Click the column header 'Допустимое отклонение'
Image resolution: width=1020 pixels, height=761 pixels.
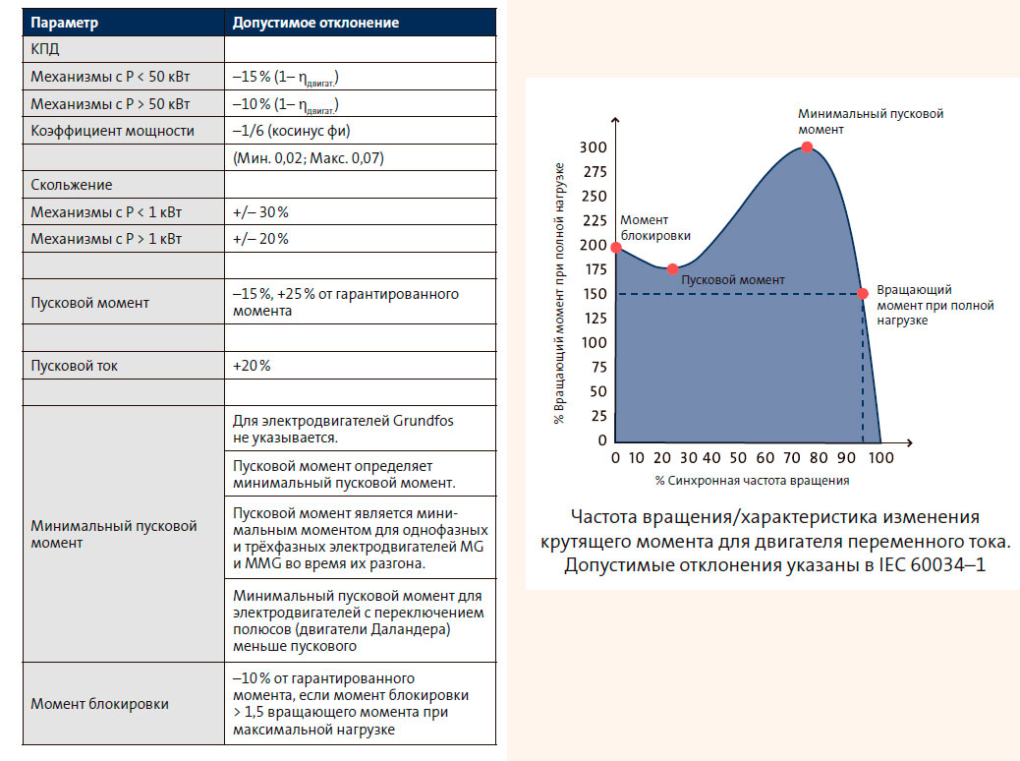click(315, 23)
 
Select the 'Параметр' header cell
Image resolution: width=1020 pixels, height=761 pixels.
click(67, 23)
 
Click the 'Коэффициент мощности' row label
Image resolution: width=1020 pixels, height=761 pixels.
click(112, 131)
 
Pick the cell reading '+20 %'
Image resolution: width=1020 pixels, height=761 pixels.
click(252, 366)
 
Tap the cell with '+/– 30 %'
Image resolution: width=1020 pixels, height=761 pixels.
click(260, 211)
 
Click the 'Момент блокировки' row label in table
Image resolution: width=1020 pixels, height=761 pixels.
click(99, 704)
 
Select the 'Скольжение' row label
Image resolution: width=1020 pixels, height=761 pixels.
click(72, 185)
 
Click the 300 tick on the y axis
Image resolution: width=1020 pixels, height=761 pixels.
click(594, 147)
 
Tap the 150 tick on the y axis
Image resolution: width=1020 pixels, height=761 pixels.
click(594, 294)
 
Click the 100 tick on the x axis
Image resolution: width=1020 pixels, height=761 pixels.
click(882, 458)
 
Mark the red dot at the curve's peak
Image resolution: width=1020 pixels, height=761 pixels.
click(807, 147)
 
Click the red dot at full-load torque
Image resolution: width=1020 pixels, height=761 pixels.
click(863, 294)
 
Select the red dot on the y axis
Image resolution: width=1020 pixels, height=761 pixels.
click(615, 248)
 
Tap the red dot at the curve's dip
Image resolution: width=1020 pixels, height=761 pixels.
click(672, 268)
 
